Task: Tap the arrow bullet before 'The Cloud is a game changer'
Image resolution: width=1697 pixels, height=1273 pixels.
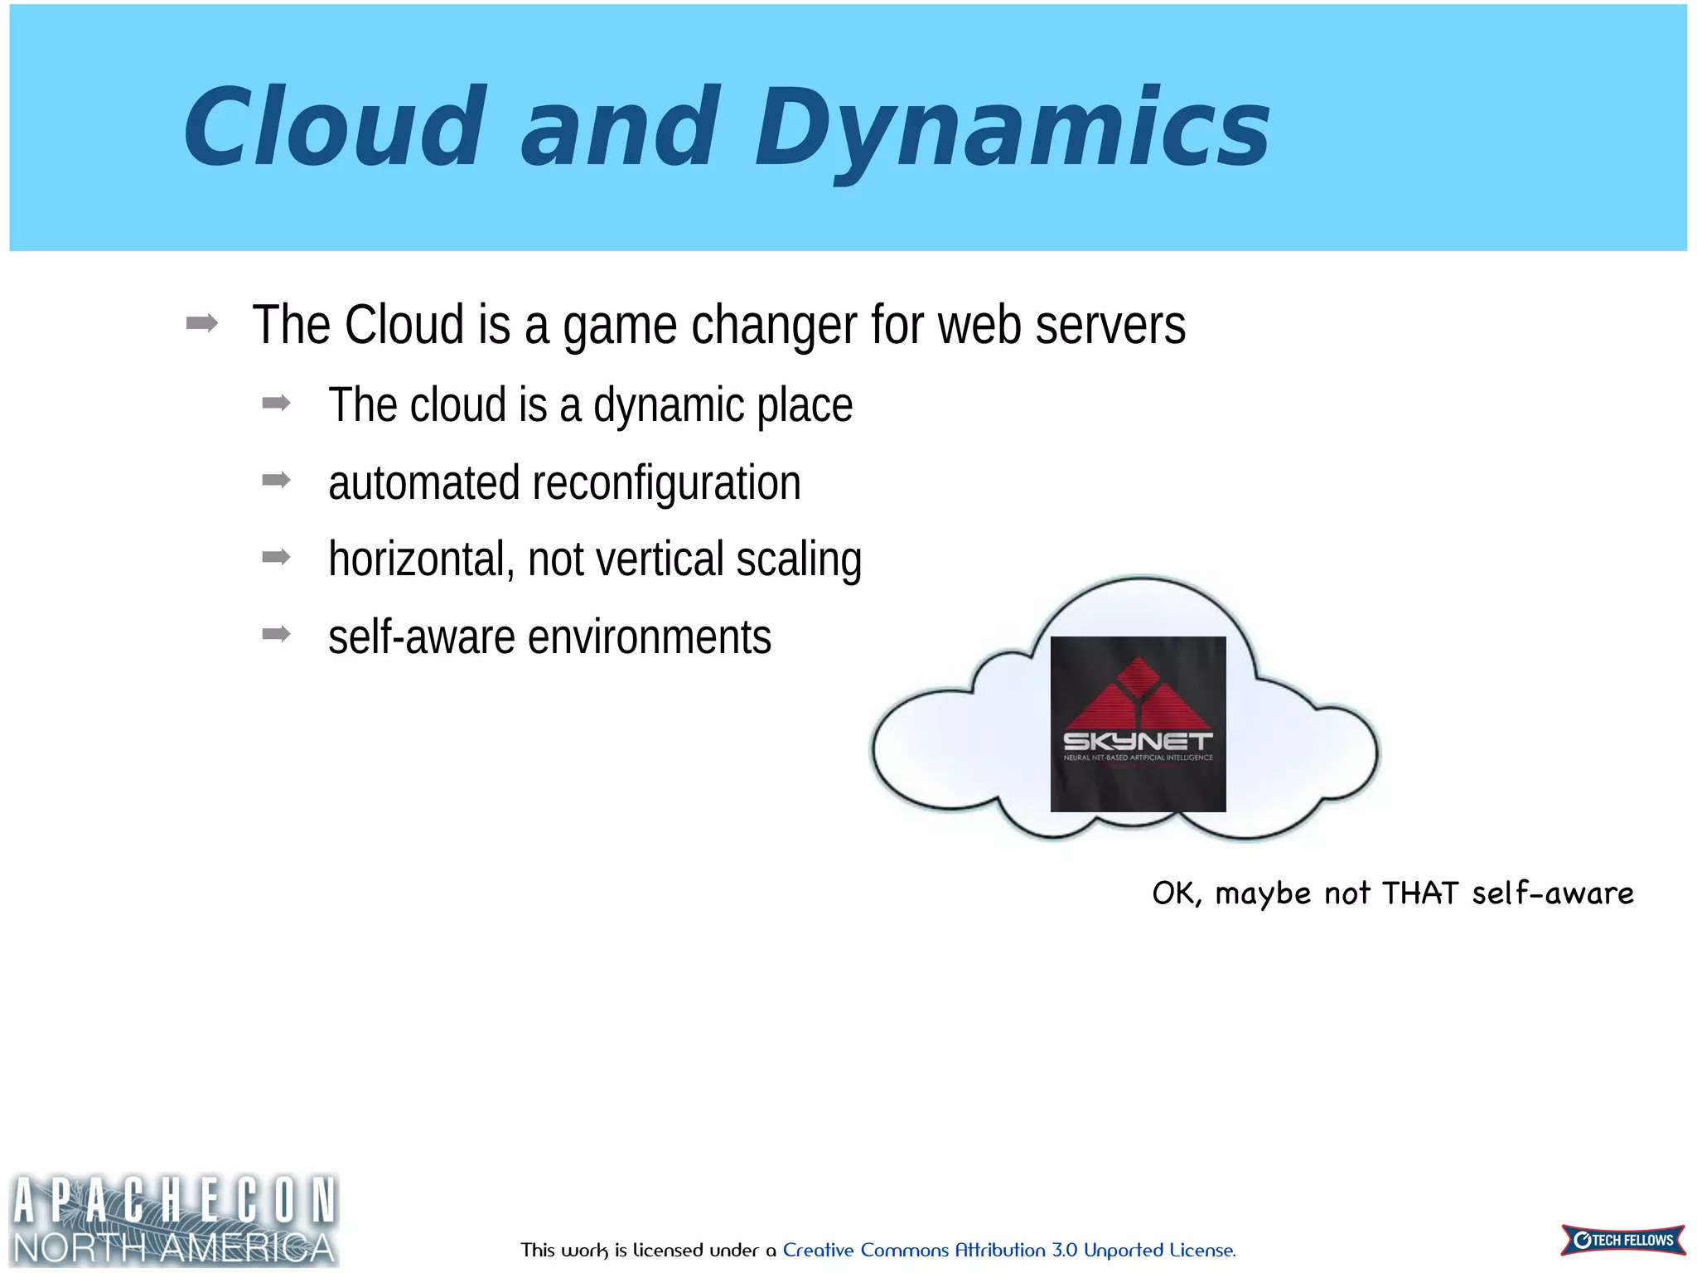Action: [x=202, y=323]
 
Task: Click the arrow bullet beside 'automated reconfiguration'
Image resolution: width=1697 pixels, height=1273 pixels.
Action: [x=276, y=481]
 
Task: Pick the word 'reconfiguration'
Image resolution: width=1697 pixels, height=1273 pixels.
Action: [x=666, y=483]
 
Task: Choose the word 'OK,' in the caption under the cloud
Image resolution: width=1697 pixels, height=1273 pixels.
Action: [x=1177, y=893]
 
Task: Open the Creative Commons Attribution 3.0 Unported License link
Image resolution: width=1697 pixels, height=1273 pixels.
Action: [x=1008, y=1250]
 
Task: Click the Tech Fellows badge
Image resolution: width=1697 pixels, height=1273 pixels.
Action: [x=1622, y=1240]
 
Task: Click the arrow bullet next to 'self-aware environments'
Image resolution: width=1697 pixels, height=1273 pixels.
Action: [x=276, y=635]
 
